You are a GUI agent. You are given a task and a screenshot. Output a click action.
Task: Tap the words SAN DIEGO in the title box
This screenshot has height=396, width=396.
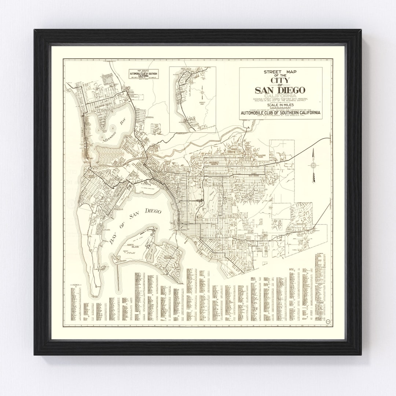(x=281, y=90)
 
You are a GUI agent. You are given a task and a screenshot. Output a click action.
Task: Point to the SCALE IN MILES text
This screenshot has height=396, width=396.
(x=281, y=104)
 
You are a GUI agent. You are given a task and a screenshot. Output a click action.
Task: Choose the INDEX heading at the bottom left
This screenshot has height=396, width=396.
(x=76, y=285)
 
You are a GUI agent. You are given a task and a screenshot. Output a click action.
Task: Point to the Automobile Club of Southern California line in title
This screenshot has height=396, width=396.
(x=281, y=112)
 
